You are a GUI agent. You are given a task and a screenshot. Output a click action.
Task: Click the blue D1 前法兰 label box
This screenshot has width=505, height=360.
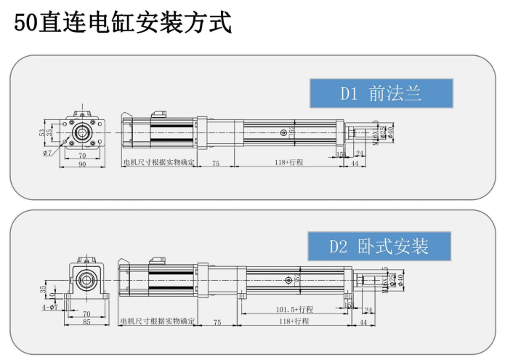coord(381,93)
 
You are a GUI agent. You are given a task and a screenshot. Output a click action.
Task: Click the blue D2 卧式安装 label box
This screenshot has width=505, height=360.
coord(379,247)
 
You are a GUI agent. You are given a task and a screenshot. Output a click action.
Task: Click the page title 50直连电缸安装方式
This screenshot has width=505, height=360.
coord(123,23)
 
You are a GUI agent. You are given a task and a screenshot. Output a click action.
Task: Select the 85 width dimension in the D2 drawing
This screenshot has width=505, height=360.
coord(86,321)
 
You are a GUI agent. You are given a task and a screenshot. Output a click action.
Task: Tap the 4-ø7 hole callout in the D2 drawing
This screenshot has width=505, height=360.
coord(49,308)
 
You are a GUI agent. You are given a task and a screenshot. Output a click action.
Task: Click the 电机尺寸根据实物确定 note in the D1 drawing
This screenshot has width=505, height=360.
coord(158,164)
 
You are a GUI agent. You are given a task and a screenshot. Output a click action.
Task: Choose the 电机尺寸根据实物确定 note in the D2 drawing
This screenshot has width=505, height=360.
coord(157,321)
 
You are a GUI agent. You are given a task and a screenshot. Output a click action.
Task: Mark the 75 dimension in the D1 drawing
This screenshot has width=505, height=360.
coord(216,164)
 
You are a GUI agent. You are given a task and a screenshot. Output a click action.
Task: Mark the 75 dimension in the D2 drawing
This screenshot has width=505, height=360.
coord(216,321)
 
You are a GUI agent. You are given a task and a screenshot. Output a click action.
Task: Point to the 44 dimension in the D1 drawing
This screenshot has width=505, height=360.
coord(355,164)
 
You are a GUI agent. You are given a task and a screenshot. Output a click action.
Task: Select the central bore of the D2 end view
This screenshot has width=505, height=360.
coord(87,279)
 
